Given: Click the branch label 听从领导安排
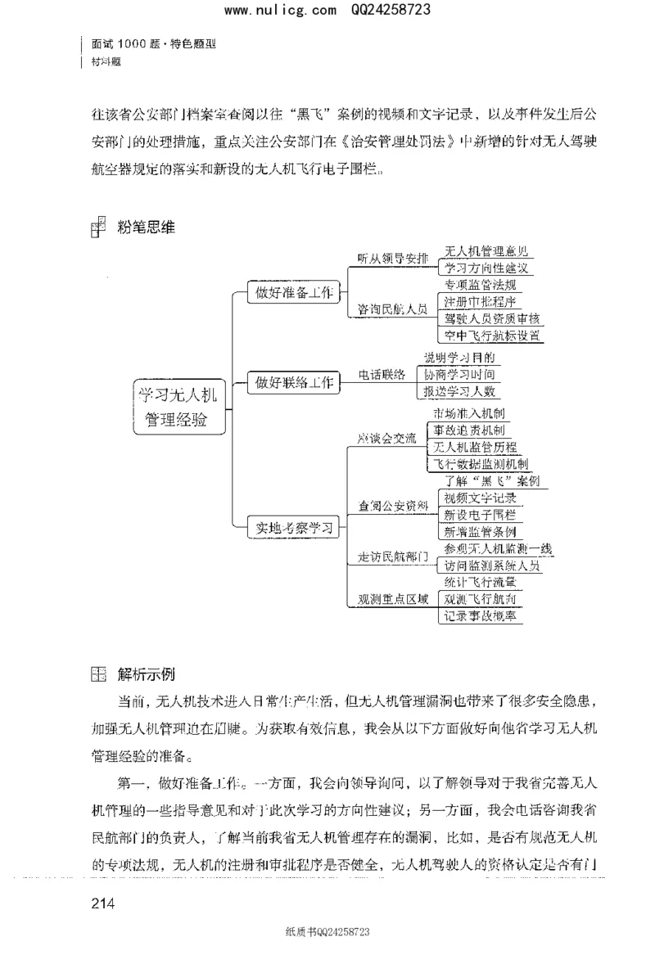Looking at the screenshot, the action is [392, 259].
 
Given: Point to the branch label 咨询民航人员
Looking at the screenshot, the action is [392, 309].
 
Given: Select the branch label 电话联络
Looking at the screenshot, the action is [382, 375].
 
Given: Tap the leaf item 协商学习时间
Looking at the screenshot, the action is [458, 375].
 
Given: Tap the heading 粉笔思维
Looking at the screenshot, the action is [147, 228].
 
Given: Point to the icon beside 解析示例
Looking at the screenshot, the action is [98, 675].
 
